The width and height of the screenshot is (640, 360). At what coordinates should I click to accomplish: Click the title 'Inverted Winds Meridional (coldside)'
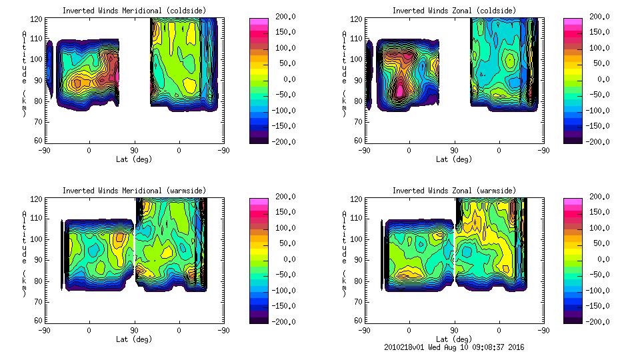click(135, 11)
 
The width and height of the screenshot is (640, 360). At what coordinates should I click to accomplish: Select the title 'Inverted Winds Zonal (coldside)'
click(454, 11)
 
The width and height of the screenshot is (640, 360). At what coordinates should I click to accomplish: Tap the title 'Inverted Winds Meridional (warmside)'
click(135, 191)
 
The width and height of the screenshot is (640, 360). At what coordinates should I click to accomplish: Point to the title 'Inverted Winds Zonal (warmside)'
click(454, 191)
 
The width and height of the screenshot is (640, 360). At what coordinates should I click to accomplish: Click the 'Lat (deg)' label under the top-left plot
click(135, 159)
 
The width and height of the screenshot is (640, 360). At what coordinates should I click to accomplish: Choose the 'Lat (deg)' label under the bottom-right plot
click(454, 339)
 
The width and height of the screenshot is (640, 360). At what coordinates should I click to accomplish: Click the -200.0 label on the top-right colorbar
click(599, 141)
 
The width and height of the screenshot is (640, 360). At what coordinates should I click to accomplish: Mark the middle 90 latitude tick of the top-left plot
click(134, 151)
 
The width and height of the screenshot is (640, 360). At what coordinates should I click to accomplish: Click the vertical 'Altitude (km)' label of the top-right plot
click(344, 73)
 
